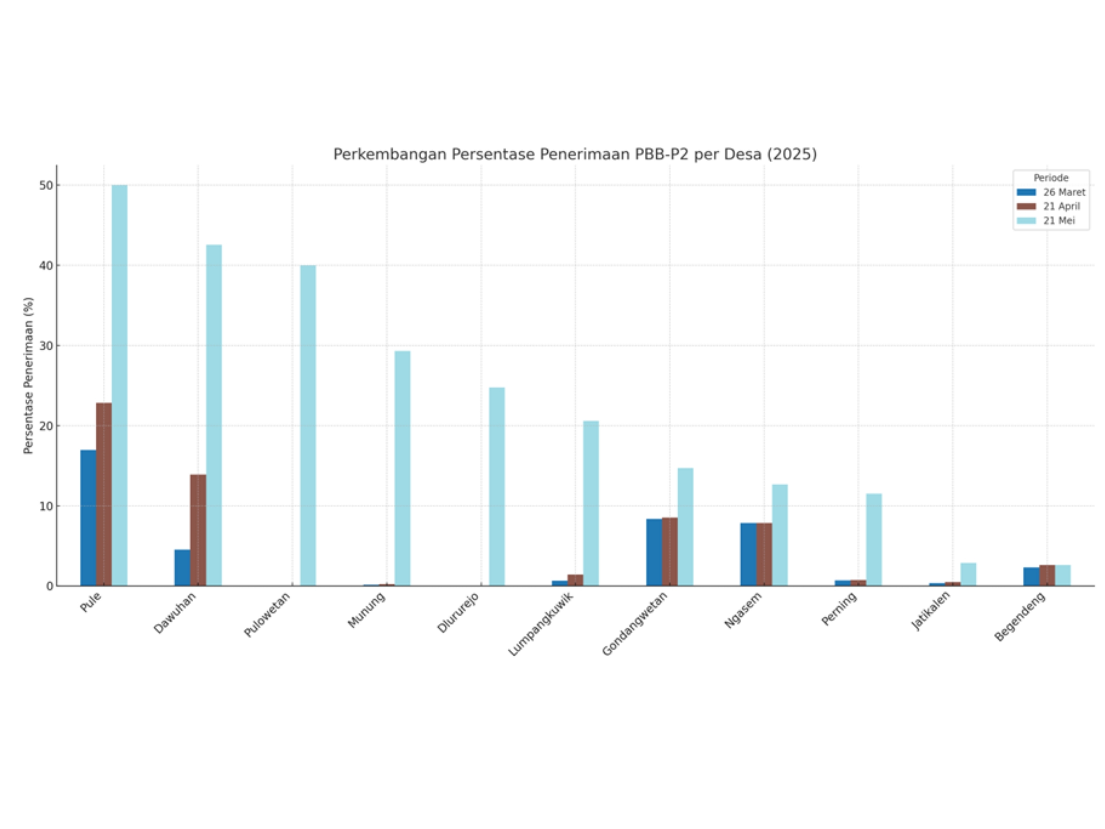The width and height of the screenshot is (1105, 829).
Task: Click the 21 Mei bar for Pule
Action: [x=119, y=385]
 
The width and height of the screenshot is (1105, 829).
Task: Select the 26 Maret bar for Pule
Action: [x=88, y=518]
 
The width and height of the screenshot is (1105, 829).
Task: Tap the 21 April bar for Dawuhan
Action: [x=198, y=530]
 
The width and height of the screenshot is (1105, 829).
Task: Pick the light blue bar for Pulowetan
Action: [x=308, y=425]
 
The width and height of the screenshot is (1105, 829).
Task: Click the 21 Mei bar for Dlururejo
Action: [x=497, y=486]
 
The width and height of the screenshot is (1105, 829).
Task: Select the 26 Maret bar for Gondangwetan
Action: [x=654, y=552]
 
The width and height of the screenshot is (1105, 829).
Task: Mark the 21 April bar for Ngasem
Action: [x=764, y=554]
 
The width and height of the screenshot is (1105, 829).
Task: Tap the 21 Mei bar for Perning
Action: [x=874, y=539]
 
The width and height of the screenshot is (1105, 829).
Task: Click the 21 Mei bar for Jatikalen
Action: [x=968, y=574]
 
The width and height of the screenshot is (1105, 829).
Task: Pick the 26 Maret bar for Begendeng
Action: [x=1031, y=576]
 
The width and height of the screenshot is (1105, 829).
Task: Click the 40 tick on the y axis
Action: [x=46, y=265]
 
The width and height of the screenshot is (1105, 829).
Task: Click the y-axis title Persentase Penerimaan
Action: [x=28, y=375]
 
